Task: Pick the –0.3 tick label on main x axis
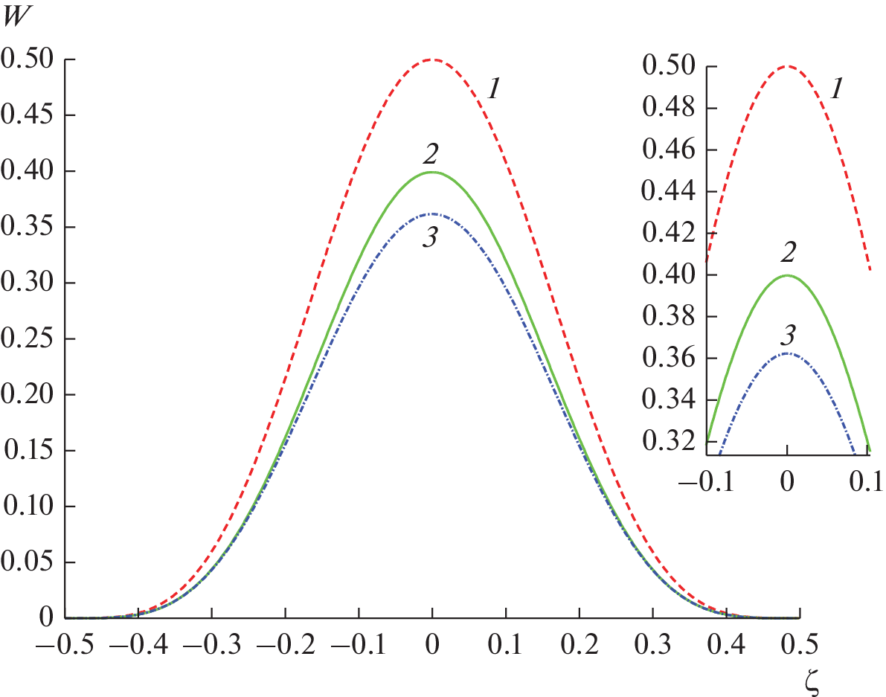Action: coord(211,643)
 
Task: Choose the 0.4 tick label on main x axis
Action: coord(727,643)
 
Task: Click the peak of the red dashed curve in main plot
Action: coord(432,60)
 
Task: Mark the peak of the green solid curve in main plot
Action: coord(432,172)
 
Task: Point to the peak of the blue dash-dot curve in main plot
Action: coord(432,214)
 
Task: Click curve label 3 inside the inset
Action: coord(787,335)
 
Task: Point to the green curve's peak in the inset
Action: coord(787,275)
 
